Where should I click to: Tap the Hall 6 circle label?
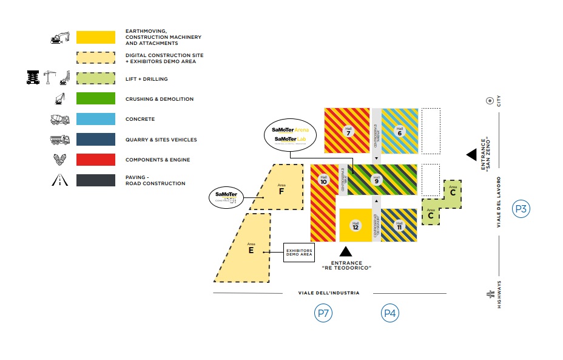(x=399, y=130)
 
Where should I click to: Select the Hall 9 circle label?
(x=377, y=180)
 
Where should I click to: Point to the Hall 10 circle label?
(x=323, y=180)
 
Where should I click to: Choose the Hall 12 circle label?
(x=355, y=226)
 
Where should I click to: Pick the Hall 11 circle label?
(x=399, y=226)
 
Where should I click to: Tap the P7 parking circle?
(x=323, y=313)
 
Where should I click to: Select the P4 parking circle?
(x=390, y=313)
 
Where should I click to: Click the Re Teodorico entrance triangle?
(x=346, y=251)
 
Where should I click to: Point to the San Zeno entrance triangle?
(x=471, y=155)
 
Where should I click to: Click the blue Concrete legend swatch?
(x=95, y=119)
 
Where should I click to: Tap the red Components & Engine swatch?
(x=95, y=160)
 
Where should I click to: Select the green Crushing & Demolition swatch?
(x=95, y=98)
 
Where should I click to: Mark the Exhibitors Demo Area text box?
(x=299, y=253)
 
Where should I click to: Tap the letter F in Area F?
(x=281, y=192)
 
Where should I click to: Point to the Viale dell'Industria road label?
(x=329, y=293)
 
